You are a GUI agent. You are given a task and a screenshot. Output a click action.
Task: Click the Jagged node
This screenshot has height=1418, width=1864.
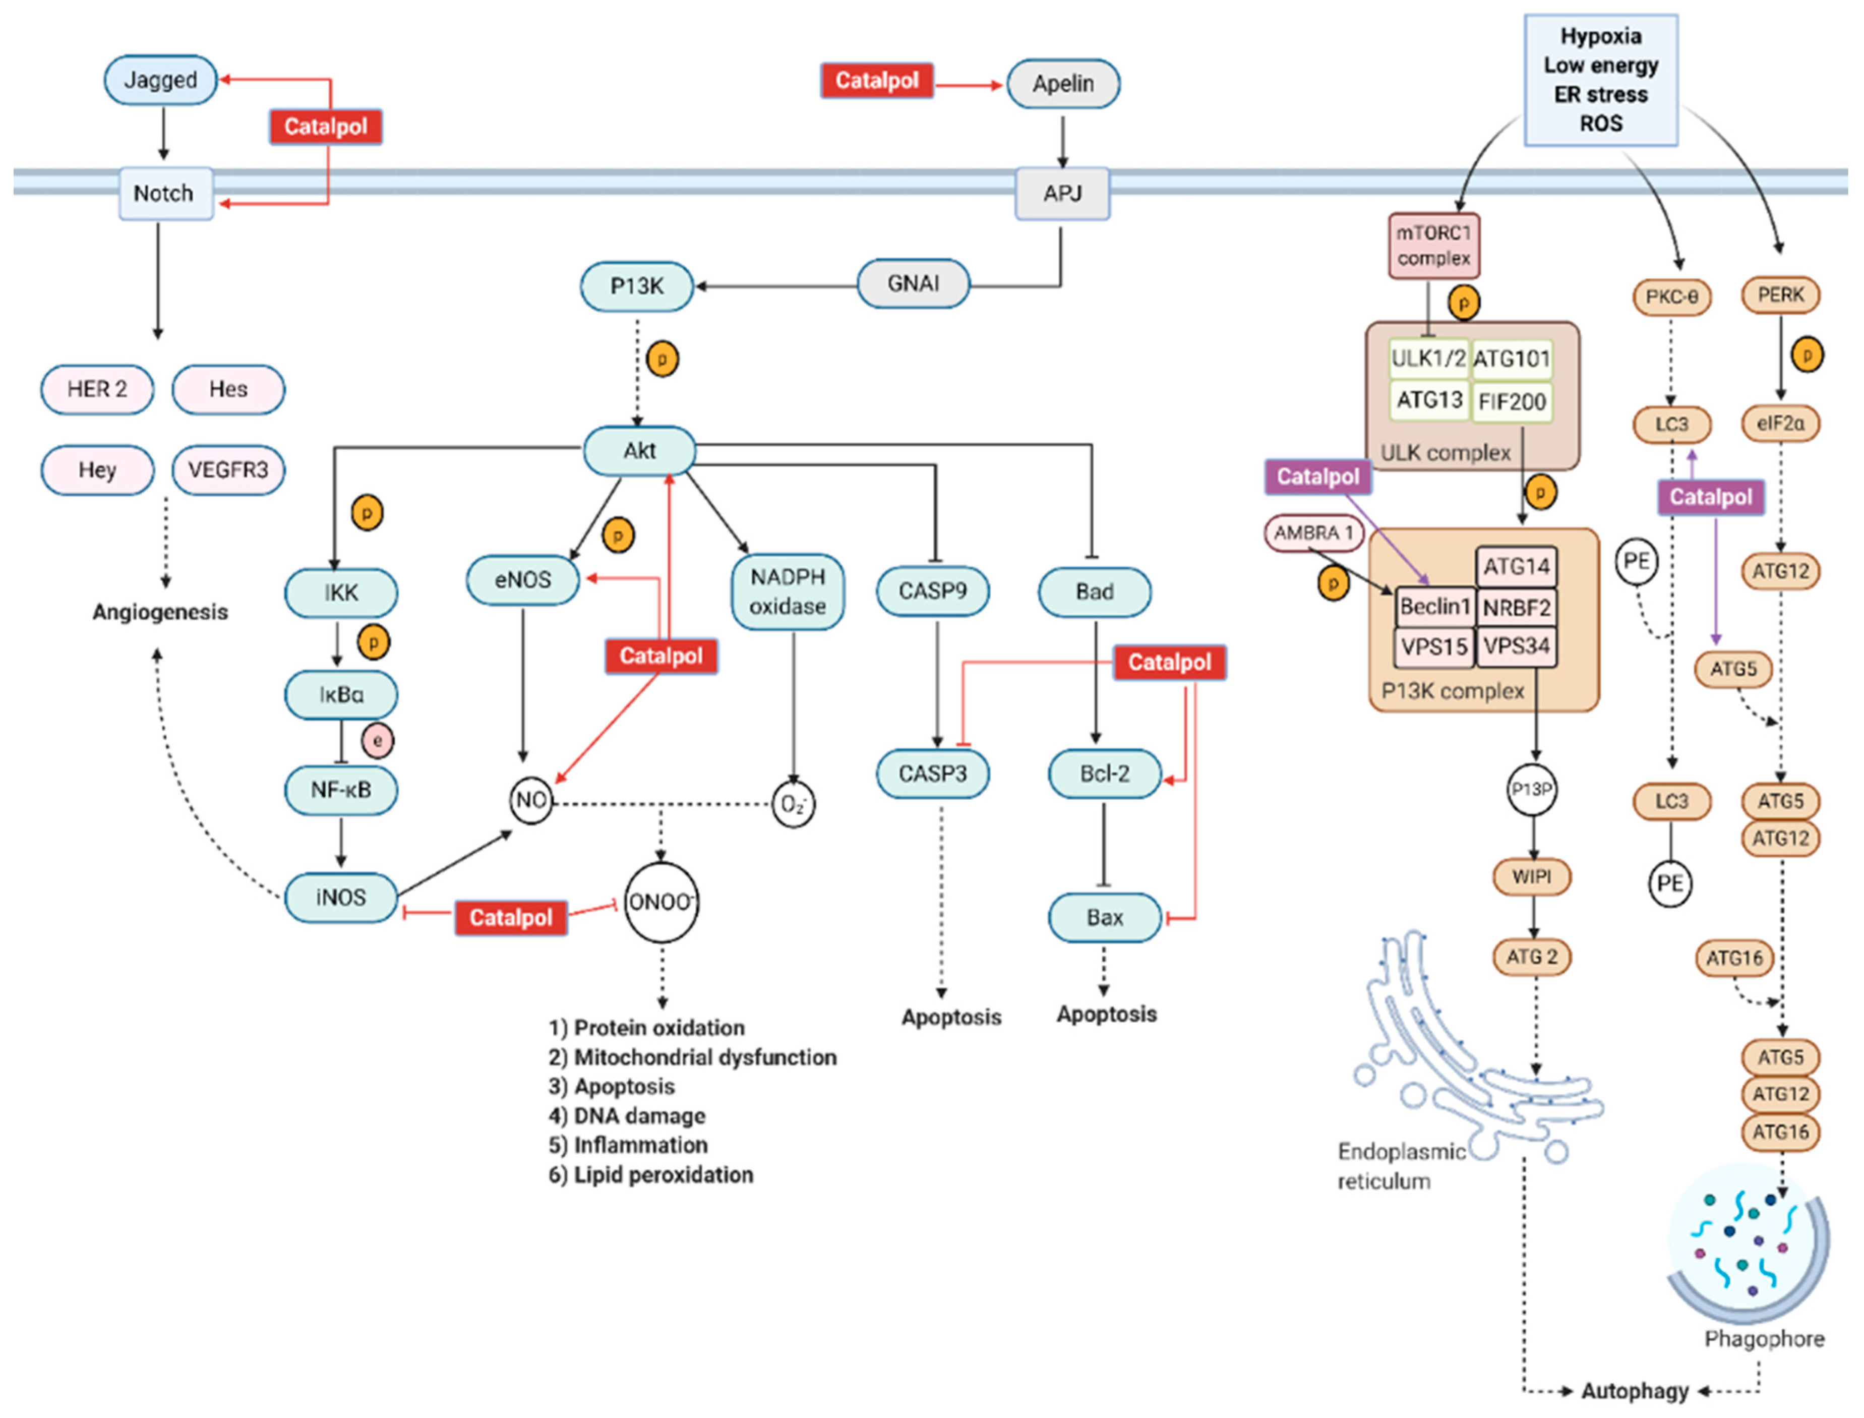click(160, 80)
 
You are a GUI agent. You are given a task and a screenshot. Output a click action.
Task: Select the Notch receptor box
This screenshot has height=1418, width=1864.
click(164, 193)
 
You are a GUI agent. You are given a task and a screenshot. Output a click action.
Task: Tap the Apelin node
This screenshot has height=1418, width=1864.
click(1063, 84)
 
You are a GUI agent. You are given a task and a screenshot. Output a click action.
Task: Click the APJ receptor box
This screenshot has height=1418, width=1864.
click(1061, 193)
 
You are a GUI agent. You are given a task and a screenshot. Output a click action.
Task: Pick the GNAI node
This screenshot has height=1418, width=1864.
click(913, 283)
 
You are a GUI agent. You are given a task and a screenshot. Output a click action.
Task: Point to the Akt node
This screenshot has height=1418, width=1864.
click(640, 451)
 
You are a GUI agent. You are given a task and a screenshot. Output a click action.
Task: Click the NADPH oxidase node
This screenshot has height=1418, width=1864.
click(787, 592)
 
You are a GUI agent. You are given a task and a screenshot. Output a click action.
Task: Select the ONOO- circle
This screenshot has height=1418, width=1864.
click(660, 902)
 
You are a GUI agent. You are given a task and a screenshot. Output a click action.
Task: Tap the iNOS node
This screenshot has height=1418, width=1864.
click(341, 897)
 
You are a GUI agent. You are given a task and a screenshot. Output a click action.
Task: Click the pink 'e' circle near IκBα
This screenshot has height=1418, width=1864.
click(377, 741)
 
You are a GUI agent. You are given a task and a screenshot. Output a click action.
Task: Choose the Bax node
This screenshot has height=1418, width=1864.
click(1105, 917)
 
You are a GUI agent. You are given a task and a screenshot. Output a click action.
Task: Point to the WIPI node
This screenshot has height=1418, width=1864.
click(1532, 877)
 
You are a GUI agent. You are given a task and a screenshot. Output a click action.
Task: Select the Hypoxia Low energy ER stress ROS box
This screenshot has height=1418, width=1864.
click(1600, 80)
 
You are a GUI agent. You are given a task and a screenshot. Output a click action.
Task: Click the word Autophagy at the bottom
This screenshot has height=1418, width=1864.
click(1635, 1391)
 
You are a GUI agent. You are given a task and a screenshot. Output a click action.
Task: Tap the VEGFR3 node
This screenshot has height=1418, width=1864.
click(228, 470)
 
